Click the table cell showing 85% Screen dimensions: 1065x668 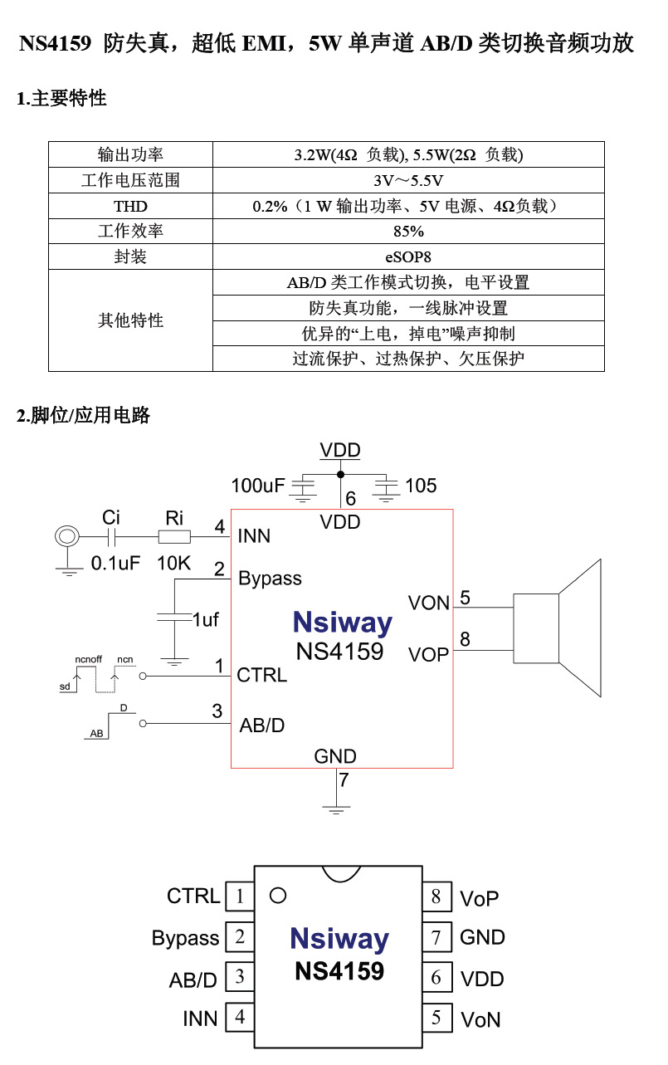pyautogui.click(x=408, y=231)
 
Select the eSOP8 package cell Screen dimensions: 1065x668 pyautogui.click(x=408, y=256)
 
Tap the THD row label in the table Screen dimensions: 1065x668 pyautogui.click(x=130, y=206)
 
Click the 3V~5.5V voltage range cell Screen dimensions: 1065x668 pyautogui.click(x=408, y=180)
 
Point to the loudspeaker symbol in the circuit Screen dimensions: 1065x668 pyautogui.click(x=556, y=628)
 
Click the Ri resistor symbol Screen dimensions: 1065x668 pyautogui.click(x=174, y=537)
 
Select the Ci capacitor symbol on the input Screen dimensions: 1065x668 pyautogui.click(x=111, y=537)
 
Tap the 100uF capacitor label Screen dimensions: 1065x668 pyautogui.click(x=257, y=486)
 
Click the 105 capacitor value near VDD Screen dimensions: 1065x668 pyautogui.click(x=421, y=486)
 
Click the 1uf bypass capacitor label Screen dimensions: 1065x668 pyautogui.click(x=205, y=619)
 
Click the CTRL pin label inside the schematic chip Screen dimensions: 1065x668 pyautogui.click(x=261, y=676)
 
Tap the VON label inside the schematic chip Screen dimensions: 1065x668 pyautogui.click(x=428, y=603)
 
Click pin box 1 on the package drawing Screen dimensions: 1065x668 pyautogui.click(x=240, y=896)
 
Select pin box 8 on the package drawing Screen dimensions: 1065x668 pyautogui.click(x=436, y=896)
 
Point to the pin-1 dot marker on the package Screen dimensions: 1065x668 pyautogui.click(x=279, y=896)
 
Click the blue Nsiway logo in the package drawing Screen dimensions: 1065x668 pyautogui.click(x=339, y=939)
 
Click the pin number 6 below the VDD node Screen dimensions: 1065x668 pyautogui.click(x=350, y=499)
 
